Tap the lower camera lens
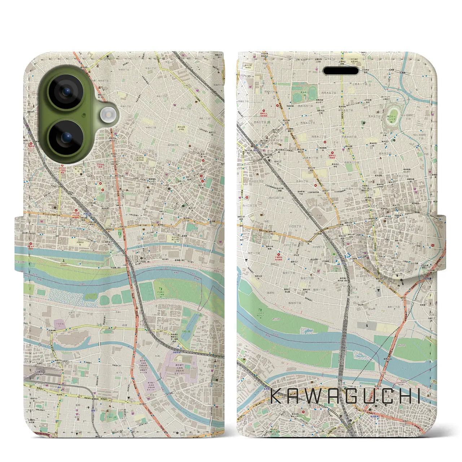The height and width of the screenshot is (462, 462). (66, 137)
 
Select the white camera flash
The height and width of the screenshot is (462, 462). (107, 115)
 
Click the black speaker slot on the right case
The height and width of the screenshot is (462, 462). (341, 70)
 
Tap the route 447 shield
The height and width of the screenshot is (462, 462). (166, 330)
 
